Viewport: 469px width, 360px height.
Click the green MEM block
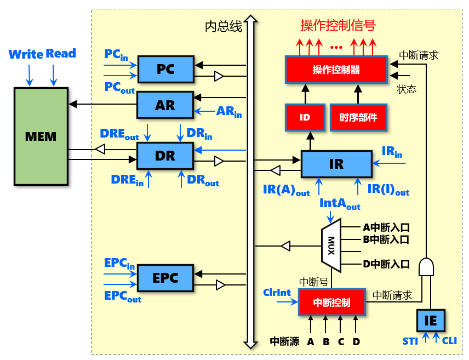coord(41,136)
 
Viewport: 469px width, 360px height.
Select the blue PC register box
coord(165,69)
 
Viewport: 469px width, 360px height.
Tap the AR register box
coord(165,105)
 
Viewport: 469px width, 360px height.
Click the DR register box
coord(165,156)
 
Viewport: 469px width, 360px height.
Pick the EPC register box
coord(165,278)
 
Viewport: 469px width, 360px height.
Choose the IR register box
coord(336,164)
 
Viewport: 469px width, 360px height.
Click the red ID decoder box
coord(305,117)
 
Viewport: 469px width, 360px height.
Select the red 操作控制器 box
coord(336,70)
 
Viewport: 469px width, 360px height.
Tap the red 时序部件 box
coord(358,117)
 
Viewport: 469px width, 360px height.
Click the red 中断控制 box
coord(331,302)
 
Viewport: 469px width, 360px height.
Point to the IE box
coord(431,321)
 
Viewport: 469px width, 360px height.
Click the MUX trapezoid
coord(331,245)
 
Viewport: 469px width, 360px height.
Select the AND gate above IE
coord(426,267)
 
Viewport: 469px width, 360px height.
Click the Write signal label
coord(26,54)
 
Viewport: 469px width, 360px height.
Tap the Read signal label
coord(61,53)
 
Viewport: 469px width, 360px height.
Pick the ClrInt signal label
coord(277,293)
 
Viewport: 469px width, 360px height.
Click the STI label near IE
coord(410,341)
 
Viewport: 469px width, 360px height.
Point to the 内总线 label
coord(224,27)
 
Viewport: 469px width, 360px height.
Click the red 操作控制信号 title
coord(338,25)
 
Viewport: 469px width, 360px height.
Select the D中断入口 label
coord(386,264)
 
